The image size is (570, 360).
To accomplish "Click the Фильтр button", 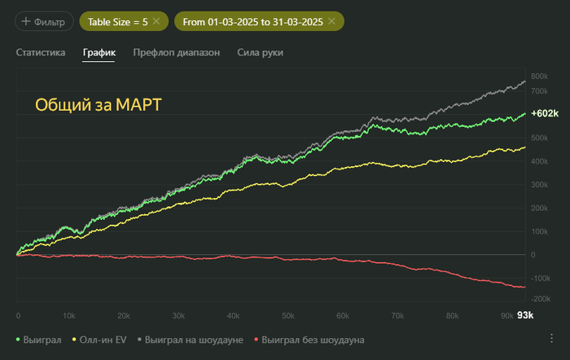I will click(x=44, y=20).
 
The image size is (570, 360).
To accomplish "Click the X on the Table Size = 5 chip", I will click(x=156, y=20).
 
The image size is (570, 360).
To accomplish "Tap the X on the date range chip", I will click(x=331, y=20).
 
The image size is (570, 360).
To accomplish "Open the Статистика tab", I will click(x=40, y=53).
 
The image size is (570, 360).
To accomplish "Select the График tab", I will click(x=99, y=53).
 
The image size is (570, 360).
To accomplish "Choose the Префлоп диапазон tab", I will click(x=177, y=53).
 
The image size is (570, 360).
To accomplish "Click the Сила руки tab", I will click(x=261, y=53).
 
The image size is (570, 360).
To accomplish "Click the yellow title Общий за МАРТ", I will click(x=98, y=105).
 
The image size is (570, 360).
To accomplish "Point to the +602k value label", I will click(x=544, y=114).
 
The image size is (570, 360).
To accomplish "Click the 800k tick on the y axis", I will click(x=539, y=77).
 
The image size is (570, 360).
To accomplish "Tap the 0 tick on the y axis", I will click(x=533, y=254).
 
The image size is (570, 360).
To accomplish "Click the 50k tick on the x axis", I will click(x=287, y=315).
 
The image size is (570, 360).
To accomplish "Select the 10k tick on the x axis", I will click(x=70, y=315).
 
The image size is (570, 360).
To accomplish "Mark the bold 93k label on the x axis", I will click(x=526, y=315).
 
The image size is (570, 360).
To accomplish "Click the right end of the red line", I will click(x=524, y=287).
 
